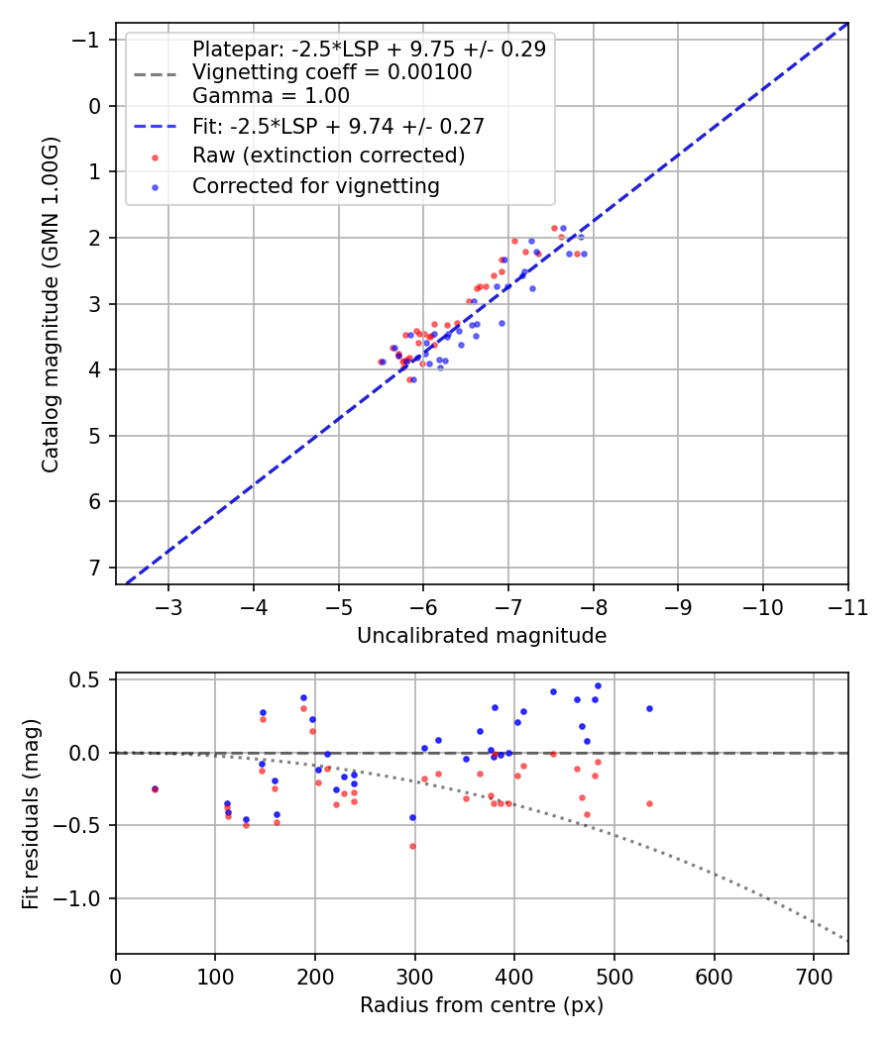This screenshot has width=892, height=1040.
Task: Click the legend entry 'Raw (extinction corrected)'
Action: click(x=328, y=156)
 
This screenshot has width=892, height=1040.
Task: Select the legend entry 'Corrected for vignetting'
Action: click(x=315, y=185)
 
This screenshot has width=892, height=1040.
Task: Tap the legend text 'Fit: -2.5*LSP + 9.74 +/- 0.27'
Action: click(x=337, y=126)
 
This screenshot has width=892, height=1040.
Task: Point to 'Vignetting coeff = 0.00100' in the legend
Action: click(x=332, y=72)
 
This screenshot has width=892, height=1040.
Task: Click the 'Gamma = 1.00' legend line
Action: click(x=271, y=96)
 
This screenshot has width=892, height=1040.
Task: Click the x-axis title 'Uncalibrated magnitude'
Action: click(x=482, y=635)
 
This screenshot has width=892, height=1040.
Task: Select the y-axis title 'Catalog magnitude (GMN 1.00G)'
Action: click(x=51, y=305)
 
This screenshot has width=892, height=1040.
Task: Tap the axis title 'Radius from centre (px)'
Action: click(x=482, y=1005)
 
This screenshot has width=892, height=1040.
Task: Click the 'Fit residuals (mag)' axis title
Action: click(x=31, y=813)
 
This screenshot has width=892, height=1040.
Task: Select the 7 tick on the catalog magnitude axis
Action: click(x=94, y=568)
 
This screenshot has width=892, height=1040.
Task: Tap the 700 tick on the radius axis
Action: click(x=813, y=977)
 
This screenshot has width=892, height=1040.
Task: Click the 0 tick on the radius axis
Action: click(x=116, y=977)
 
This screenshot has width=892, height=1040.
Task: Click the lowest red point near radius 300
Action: click(x=412, y=846)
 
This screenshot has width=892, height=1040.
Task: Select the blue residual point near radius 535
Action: click(x=649, y=708)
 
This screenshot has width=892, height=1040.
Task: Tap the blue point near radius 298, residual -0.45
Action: click(x=412, y=817)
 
